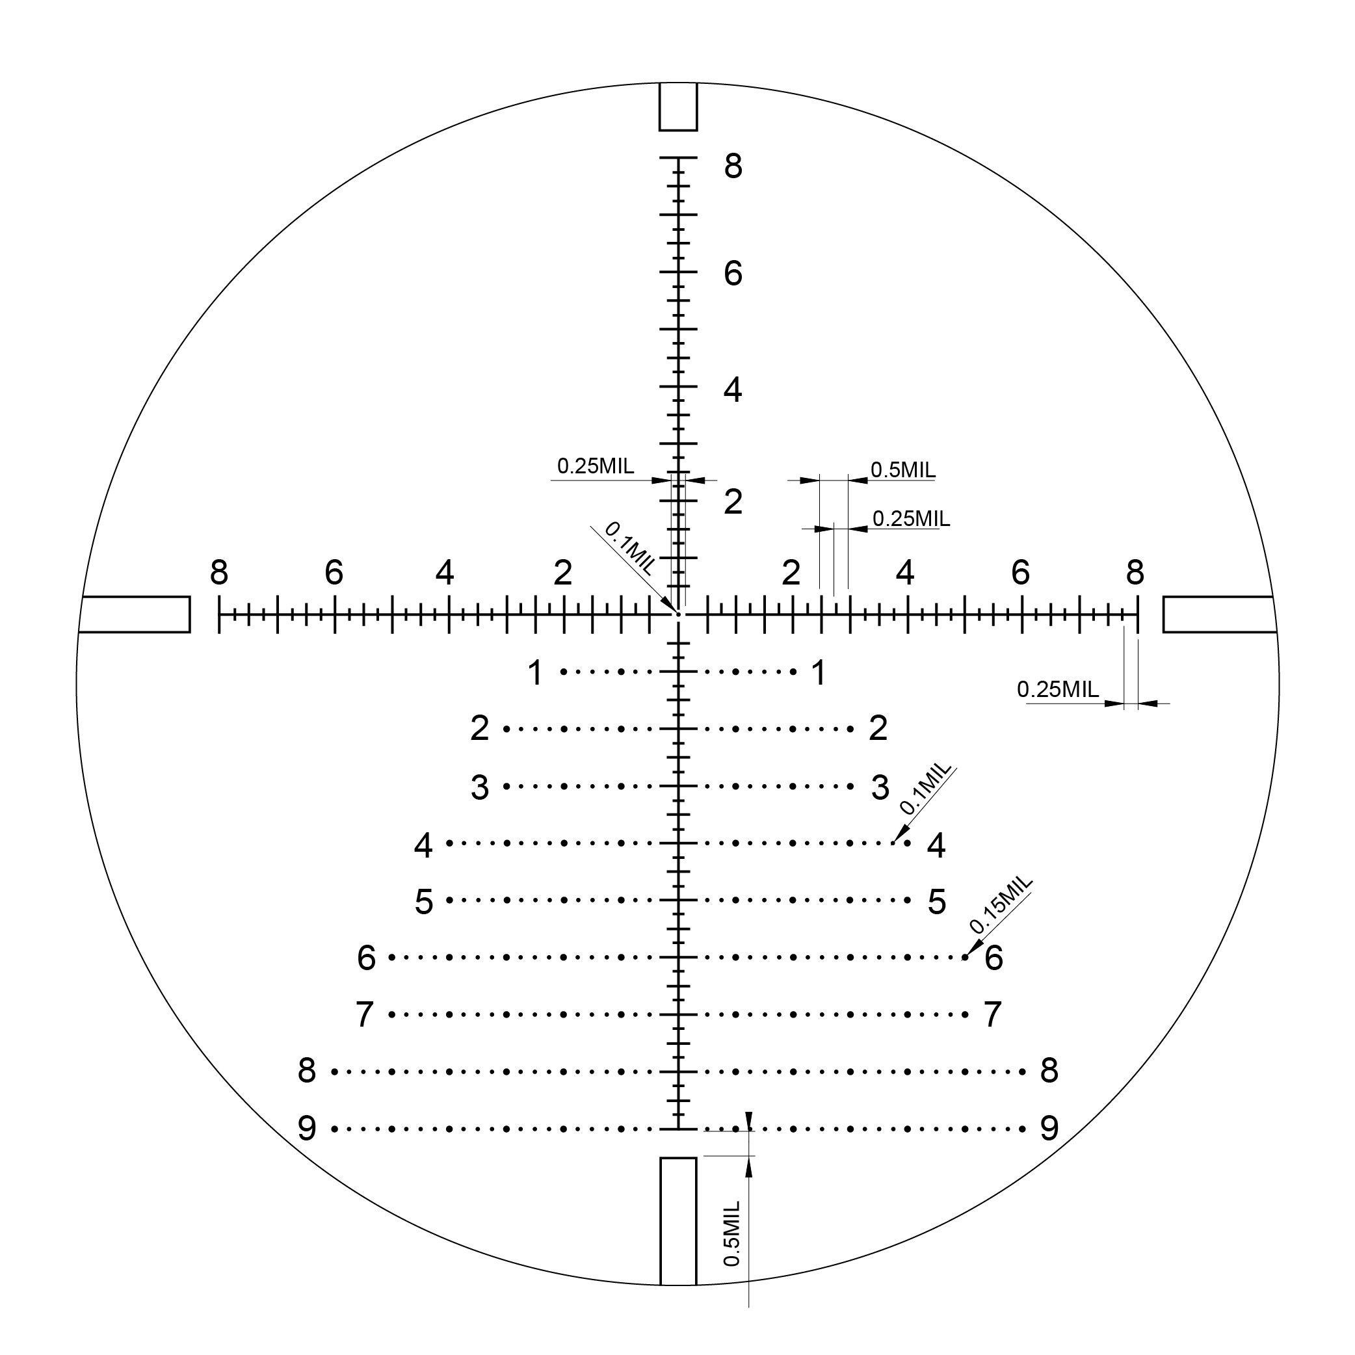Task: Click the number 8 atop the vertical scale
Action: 733,167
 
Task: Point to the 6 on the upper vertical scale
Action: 733,274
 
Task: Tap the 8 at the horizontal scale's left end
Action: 219,573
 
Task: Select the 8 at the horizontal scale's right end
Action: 1135,573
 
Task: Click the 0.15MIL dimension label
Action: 1001,904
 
